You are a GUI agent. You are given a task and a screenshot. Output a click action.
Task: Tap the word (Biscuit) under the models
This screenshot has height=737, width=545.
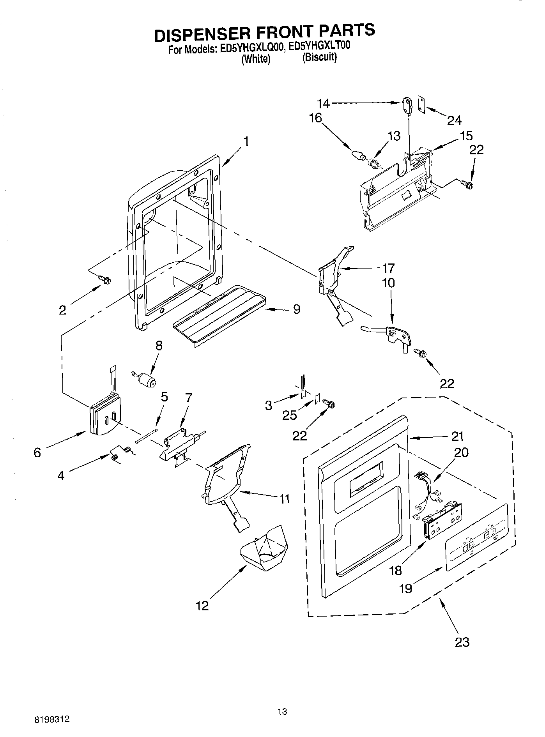(x=319, y=58)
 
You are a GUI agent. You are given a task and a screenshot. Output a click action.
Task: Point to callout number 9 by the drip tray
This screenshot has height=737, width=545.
(x=296, y=309)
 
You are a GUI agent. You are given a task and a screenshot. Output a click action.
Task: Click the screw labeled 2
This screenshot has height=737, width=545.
(x=105, y=279)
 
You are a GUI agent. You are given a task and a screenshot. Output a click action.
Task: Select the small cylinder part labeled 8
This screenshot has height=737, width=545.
(x=146, y=379)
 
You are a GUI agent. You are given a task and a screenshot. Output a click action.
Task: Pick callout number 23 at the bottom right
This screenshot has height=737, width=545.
(x=462, y=642)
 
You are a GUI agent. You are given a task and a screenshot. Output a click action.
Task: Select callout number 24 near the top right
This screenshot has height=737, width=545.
(x=454, y=120)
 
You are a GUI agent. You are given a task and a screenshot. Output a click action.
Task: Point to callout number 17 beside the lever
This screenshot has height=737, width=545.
(x=388, y=268)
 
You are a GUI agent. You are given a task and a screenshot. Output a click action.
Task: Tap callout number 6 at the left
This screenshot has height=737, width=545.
(x=37, y=452)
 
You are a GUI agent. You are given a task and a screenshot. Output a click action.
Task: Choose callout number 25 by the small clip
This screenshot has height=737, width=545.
(x=290, y=415)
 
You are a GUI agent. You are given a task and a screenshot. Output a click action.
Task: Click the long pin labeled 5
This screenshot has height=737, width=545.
(x=147, y=436)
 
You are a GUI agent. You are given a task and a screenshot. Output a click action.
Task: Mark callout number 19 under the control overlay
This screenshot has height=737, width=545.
(x=405, y=588)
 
